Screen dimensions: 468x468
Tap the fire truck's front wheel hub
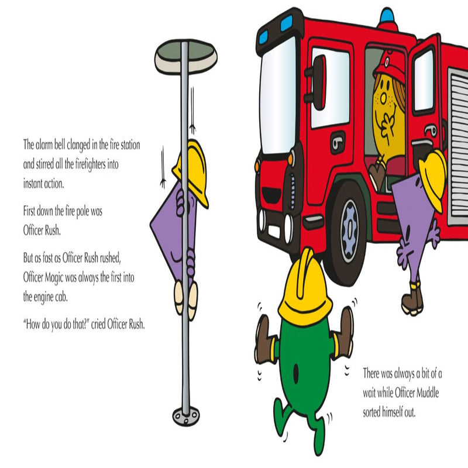(349, 231)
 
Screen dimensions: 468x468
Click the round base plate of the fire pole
(186, 416)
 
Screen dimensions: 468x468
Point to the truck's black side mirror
(318, 82)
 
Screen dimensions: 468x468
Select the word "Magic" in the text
(54, 278)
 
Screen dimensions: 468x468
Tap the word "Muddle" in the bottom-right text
(428, 393)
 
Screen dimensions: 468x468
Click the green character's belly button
(295, 373)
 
